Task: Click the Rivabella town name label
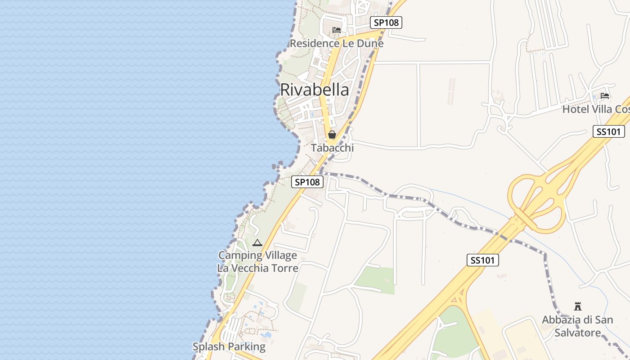tap(314, 90)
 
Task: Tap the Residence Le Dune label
tap(337, 43)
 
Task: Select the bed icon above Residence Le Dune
tap(336, 31)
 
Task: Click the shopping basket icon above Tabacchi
tap(332, 135)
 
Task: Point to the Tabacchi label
tap(332, 148)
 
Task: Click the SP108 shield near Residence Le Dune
tap(386, 22)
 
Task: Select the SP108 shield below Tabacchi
tap(307, 182)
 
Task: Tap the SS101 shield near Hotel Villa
tap(609, 131)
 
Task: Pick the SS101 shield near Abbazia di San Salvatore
tap(482, 260)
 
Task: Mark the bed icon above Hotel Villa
tap(605, 96)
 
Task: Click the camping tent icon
tap(257, 243)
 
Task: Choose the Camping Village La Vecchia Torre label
tap(258, 262)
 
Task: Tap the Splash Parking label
tap(229, 346)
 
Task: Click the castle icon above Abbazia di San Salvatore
tap(578, 306)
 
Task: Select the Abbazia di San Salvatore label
tap(577, 326)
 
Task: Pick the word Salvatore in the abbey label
tap(578, 333)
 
